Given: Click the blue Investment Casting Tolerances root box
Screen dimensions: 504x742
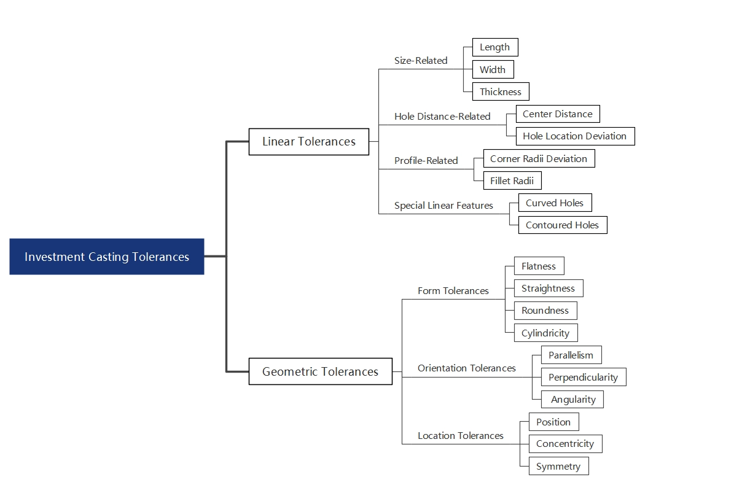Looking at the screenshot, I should pyautogui.click(x=106, y=257).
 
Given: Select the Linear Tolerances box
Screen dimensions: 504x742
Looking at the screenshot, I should pyautogui.click(x=308, y=142).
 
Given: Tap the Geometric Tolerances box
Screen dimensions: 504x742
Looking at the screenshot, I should pyautogui.click(x=320, y=371).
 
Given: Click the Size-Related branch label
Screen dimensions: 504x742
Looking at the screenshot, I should pyautogui.click(x=421, y=61).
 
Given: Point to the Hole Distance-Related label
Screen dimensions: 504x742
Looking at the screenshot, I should pyautogui.click(x=442, y=117).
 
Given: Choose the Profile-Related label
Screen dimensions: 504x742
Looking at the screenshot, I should pyautogui.click(x=426, y=161).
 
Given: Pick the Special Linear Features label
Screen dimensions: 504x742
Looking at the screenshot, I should pyautogui.click(x=443, y=206).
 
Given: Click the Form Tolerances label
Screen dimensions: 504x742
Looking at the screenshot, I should pyautogui.click(x=453, y=291).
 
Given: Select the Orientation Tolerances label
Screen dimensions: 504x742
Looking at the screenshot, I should pyautogui.click(x=466, y=368).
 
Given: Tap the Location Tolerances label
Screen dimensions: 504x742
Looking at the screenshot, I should pyautogui.click(x=460, y=436).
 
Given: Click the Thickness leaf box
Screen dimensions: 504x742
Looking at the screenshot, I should pyautogui.click(x=500, y=92).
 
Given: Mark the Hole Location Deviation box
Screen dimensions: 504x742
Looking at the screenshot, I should pyautogui.click(x=574, y=136).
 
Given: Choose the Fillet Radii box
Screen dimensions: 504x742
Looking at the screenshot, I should pyautogui.click(x=512, y=181).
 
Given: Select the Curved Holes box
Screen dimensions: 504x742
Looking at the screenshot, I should pyautogui.click(x=555, y=203).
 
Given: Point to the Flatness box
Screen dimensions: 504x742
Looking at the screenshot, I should pyautogui.click(x=538, y=266).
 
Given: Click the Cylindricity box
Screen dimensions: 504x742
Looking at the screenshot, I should pyautogui.click(x=545, y=333).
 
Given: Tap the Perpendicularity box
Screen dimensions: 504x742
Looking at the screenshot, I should pyautogui.click(x=583, y=378).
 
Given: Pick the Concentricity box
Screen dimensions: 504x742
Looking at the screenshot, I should pyautogui.click(x=564, y=444).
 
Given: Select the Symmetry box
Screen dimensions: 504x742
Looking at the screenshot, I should pyautogui.click(x=558, y=467).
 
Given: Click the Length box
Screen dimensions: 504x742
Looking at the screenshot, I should pyautogui.click(x=494, y=48).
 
